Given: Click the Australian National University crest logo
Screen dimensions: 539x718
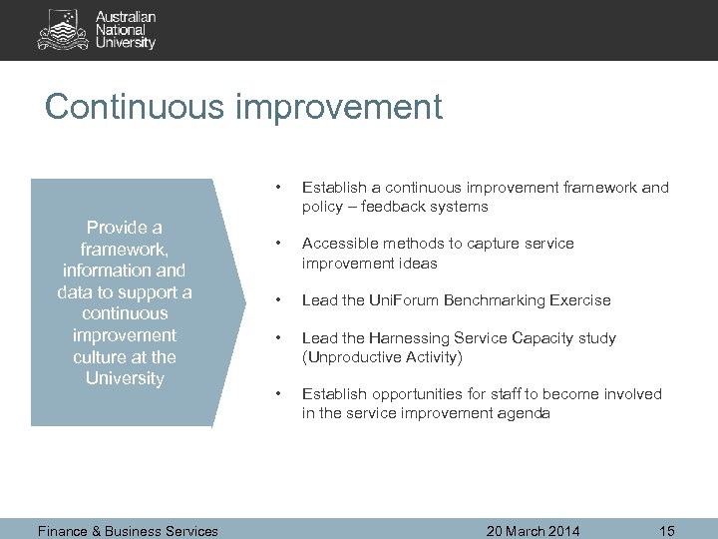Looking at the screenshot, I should coord(62,30).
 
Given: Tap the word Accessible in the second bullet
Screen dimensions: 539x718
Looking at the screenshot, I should coord(338,244).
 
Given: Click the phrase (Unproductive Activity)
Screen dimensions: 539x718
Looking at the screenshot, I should coord(379,356).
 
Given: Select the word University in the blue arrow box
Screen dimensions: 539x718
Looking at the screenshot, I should coord(124,378).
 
